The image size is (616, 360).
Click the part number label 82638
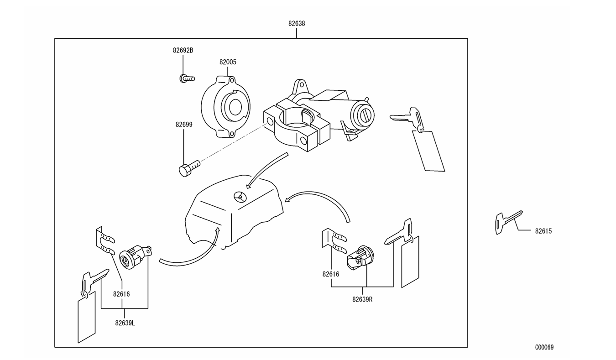pyautogui.click(x=296, y=23)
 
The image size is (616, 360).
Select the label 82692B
pyautogui.click(x=183, y=51)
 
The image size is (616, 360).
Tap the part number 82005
pyautogui.click(x=228, y=62)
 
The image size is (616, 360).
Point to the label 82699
pyautogui.click(x=184, y=124)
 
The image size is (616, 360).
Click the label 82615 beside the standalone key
pyautogui.click(x=543, y=231)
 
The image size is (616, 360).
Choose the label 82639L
pyautogui.click(x=125, y=323)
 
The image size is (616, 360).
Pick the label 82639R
pyautogui.click(x=363, y=300)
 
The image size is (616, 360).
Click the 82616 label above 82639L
pyautogui.click(x=121, y=294)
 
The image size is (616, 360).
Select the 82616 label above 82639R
pyautogui.click(x=330, y=274)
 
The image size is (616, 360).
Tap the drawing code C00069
pyautogui.click(x=544, y=347)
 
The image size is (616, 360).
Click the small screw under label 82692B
pyautogui.click(x=187, y=79)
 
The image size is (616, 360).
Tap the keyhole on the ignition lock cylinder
pyautogui.click(x=366, y=115)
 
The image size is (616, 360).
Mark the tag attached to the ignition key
pyautogui.click(x=429, y=151)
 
